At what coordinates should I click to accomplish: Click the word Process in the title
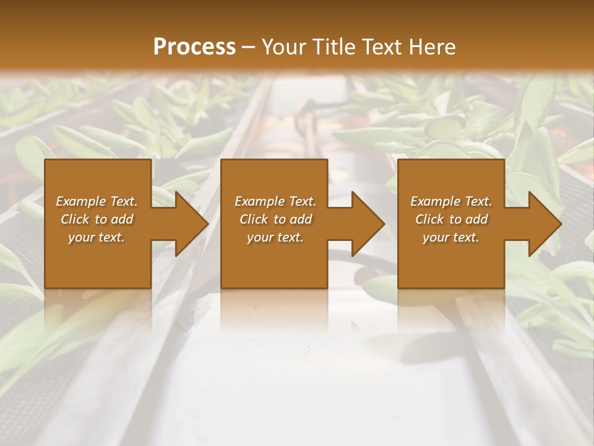pos(194,47)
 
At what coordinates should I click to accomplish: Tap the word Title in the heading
pos(332,47)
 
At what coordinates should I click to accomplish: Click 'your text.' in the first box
pos(97,238)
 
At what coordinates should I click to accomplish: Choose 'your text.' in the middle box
pos(275,238)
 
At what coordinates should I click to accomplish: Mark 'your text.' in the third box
pos(451,238)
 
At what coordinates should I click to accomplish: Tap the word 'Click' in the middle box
pos(254,219)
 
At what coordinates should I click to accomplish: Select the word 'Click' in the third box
pos(429,219)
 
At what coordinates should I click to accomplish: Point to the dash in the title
pos(249,48)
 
